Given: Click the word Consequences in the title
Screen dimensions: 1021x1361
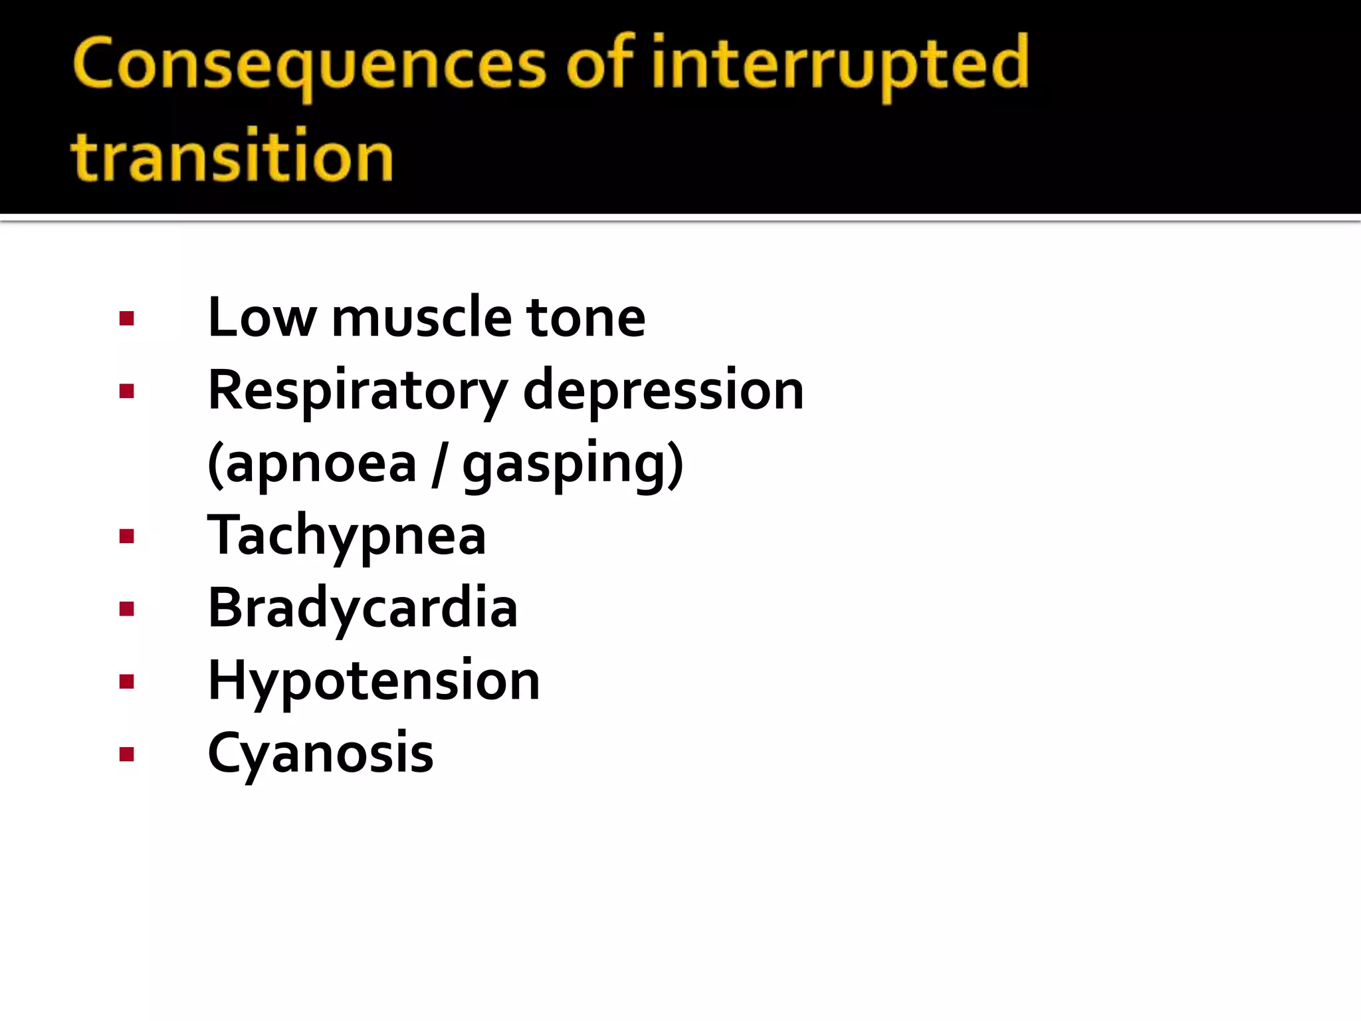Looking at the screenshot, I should click(309, 64).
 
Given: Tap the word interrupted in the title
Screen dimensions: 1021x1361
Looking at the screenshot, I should click(840, 64).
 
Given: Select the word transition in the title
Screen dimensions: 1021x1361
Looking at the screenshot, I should click(232, 157).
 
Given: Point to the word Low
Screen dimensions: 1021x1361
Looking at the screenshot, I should click(262, 318).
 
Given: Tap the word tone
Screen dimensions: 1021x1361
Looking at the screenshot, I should click(585, 318).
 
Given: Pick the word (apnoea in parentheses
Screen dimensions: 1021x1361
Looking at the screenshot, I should click(312, 464).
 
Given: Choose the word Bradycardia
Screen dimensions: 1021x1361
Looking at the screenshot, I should click(362, 608).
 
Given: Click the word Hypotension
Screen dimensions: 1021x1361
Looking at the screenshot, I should click(373, 681).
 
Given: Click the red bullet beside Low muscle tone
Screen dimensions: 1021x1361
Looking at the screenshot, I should click(127, 319).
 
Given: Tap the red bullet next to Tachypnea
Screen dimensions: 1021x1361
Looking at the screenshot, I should click(127, 536).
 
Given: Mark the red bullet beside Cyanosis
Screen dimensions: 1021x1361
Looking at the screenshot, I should click(127, 754).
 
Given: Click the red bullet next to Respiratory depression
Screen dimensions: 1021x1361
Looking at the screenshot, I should click(127, 392).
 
